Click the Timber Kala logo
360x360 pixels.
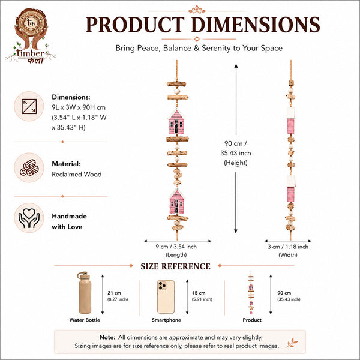[x=31, y=36]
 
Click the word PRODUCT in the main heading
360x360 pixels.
[x=135, y=25]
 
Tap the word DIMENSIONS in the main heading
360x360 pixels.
[x=256, y=25]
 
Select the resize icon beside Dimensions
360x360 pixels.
[x=29, y=106]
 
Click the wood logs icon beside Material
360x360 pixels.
[x=29, y=167]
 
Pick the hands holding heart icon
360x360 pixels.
[x=29, y=218]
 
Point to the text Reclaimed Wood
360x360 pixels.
[x=77, y=174]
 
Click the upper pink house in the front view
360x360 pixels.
[x=176, y=122]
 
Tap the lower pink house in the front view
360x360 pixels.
[x=176, y=201]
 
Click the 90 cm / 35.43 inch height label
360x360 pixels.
[x=236, y=153]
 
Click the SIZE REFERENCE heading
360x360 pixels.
[x=175, y=266]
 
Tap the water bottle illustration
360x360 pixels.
[x=84, y=293]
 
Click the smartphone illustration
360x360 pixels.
[x=166, y=296]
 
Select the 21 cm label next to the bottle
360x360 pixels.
[x=114, y=293]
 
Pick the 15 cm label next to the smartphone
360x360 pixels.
[x=199, y=293]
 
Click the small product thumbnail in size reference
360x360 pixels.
[x=251, y=293]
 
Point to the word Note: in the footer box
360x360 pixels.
[x=107, y=337]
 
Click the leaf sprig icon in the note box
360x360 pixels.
[x=292, y=343]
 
